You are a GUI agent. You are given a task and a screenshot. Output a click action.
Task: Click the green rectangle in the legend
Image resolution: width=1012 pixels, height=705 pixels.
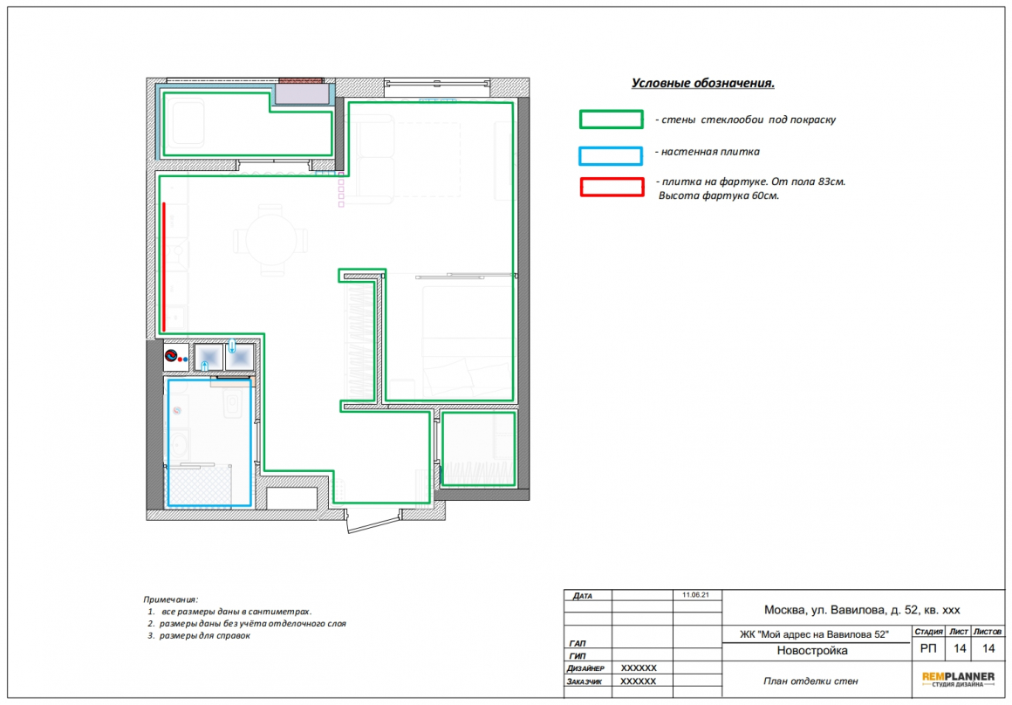pos(612,111)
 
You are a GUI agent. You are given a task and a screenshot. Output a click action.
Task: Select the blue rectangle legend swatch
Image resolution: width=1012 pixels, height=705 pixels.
pos(611,147)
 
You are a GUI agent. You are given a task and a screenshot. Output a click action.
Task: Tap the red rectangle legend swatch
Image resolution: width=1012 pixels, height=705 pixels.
pos(612,179)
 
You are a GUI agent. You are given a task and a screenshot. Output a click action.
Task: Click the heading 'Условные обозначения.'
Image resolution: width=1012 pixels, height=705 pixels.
pos(703,83)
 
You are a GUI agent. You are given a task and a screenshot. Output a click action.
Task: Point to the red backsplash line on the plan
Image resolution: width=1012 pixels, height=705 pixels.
pos(164,267)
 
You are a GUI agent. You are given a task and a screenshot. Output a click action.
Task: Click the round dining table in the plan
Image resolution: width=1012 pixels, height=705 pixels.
pos(271,240)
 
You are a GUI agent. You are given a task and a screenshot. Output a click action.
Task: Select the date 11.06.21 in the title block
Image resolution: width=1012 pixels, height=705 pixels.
pos(695,594)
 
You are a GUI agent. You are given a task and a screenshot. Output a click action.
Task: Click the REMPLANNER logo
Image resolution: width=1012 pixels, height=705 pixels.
pos(958,679)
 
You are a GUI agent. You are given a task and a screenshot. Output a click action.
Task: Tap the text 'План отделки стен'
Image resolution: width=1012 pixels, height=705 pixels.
pos(810,681)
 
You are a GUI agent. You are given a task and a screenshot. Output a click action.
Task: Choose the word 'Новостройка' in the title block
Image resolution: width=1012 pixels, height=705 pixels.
pos(812,651)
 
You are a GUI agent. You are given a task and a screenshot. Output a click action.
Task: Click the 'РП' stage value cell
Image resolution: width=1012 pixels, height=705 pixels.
pos(928,649)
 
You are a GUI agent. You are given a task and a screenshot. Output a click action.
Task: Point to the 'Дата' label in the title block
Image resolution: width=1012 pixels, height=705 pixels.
pos(582,596)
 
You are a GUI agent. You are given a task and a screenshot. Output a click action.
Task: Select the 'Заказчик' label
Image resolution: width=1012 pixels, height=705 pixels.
pos(585,681)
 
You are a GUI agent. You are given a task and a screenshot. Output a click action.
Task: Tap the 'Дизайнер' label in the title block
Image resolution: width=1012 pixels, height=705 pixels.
pos(585,668)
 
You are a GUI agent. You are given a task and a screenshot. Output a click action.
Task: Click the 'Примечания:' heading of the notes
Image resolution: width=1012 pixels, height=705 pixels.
pos(170,599)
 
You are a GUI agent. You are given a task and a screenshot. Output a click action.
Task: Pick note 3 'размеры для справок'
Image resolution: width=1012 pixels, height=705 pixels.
pos(199,635)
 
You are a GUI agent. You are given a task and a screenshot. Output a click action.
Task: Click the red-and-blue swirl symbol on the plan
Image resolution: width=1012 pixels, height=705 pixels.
pos(171,356)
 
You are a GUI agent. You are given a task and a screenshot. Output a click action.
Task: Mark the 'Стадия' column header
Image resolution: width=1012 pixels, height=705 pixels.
pos(928,632)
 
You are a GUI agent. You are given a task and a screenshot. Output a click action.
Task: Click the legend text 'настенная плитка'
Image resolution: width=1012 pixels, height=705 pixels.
pos(710,152)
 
